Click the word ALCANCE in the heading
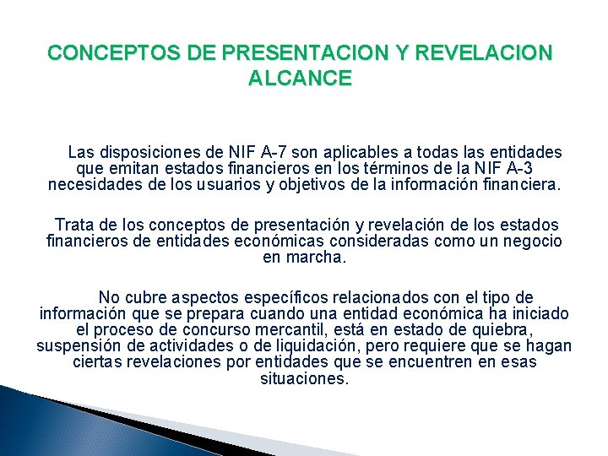click(x=301, y=79)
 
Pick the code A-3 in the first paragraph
click(x=515, y=169)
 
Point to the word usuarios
click(x=228, y=184)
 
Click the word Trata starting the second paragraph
click(x=73, y=225)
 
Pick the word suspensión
click(x=76, y=346)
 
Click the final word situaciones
click(x=304, y=378)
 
